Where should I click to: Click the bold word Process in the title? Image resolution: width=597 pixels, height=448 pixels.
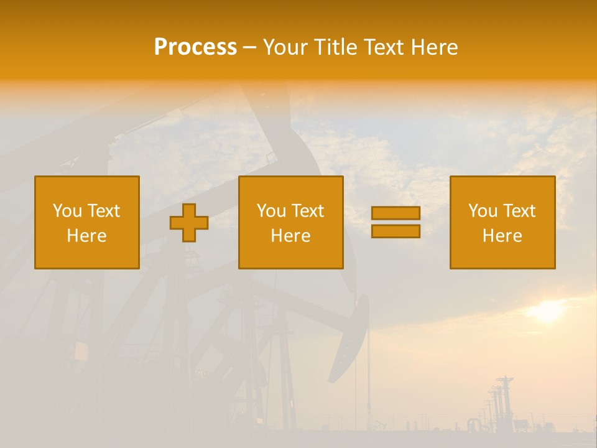[195, 47]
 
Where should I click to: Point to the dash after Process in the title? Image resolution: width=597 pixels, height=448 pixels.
[249, 48]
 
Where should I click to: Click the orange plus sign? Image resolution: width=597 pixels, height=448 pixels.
[189, 223]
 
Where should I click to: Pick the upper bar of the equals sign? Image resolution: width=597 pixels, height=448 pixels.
[396, 213]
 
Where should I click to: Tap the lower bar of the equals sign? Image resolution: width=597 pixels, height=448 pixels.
[396, 231]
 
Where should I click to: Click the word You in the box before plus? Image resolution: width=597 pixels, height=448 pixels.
[67, 211]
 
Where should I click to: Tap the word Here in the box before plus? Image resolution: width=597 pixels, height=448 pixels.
[86, 236]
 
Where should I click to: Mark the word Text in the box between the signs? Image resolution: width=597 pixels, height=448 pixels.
[307, 211]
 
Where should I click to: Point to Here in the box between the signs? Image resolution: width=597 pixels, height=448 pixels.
[290, 236]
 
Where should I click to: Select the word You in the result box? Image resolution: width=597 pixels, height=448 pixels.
[483, 211]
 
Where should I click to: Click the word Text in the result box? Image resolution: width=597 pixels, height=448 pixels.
[519, 211]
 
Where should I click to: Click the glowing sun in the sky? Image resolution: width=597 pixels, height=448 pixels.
[547, 311]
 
